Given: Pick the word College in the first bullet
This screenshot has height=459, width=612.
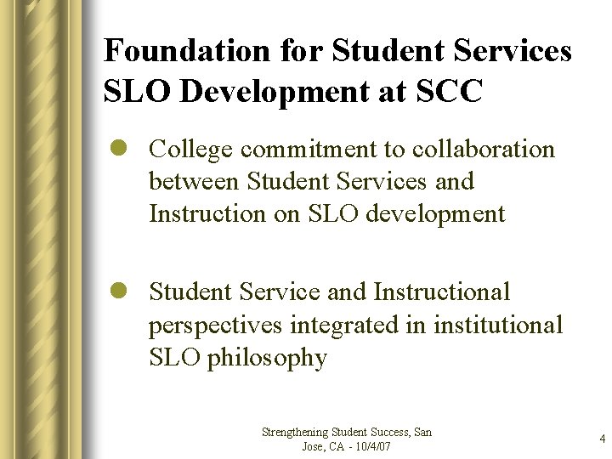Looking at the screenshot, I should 191,150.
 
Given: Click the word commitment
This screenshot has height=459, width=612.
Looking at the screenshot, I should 310,150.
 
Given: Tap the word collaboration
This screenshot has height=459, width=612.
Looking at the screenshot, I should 483,150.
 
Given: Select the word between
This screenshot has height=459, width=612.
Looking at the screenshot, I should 195,182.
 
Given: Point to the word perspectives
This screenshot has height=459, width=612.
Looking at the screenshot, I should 218,326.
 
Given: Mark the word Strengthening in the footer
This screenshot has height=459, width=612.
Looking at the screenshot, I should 295,433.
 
